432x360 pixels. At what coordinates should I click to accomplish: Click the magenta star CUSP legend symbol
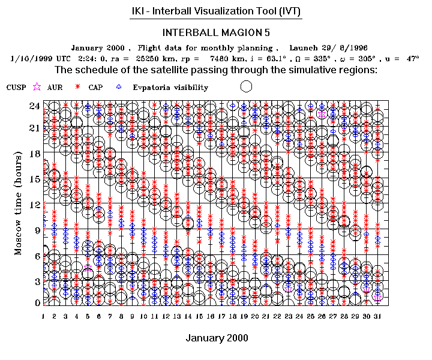click(x=37, y=87)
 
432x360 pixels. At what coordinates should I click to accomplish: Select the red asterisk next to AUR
click(x=78, y=87)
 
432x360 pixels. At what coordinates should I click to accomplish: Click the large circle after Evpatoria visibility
click(x=245, y=86)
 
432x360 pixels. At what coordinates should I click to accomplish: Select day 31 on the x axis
click(x=377, y=316)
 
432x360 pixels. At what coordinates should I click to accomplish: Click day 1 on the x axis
click(x=43, y=316)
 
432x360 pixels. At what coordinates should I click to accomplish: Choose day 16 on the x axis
click(x=210, y=316)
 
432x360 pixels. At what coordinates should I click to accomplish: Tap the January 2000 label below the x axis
click(x=217, y=338)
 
